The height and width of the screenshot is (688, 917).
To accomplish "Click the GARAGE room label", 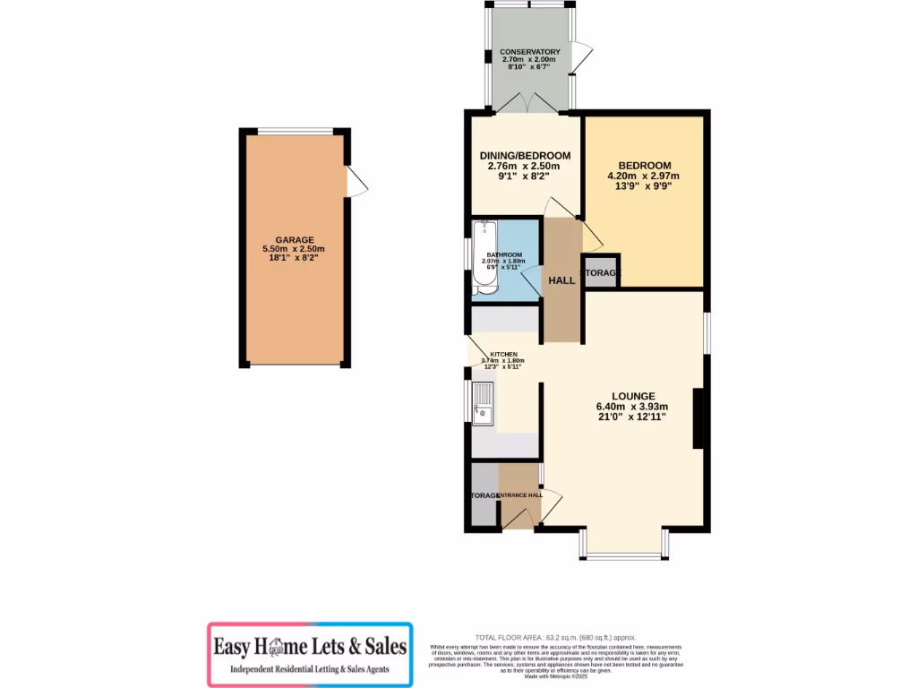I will tap(294, 240).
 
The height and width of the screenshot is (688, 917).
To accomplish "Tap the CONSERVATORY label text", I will tap(531, 52).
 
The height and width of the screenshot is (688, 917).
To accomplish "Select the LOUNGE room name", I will tap(633, 396).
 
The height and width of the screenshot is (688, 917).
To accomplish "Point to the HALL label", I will tap(561, 280).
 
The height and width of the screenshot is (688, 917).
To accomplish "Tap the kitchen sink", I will tap(484, 401).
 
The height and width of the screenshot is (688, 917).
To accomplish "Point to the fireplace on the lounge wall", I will tap(697, 418).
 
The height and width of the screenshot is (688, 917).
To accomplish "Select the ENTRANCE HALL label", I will tap(520, 495).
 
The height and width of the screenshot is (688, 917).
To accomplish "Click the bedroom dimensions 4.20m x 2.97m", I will tap(644, 176).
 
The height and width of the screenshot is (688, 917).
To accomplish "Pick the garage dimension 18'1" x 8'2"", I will tap(294, 258).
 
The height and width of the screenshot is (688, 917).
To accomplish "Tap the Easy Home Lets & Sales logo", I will tap(310, 654).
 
